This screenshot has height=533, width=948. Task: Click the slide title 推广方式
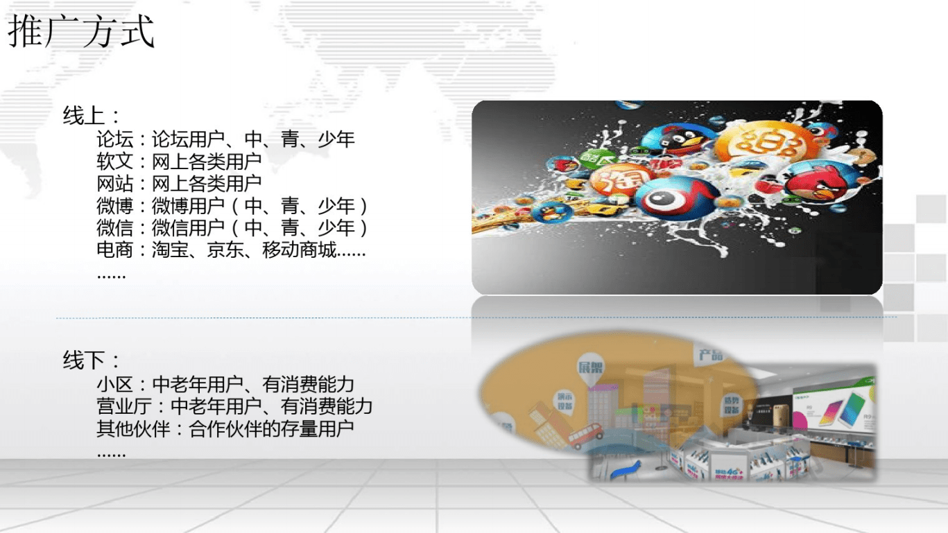point(81,33)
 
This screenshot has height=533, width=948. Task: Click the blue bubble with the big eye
point(666,198)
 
